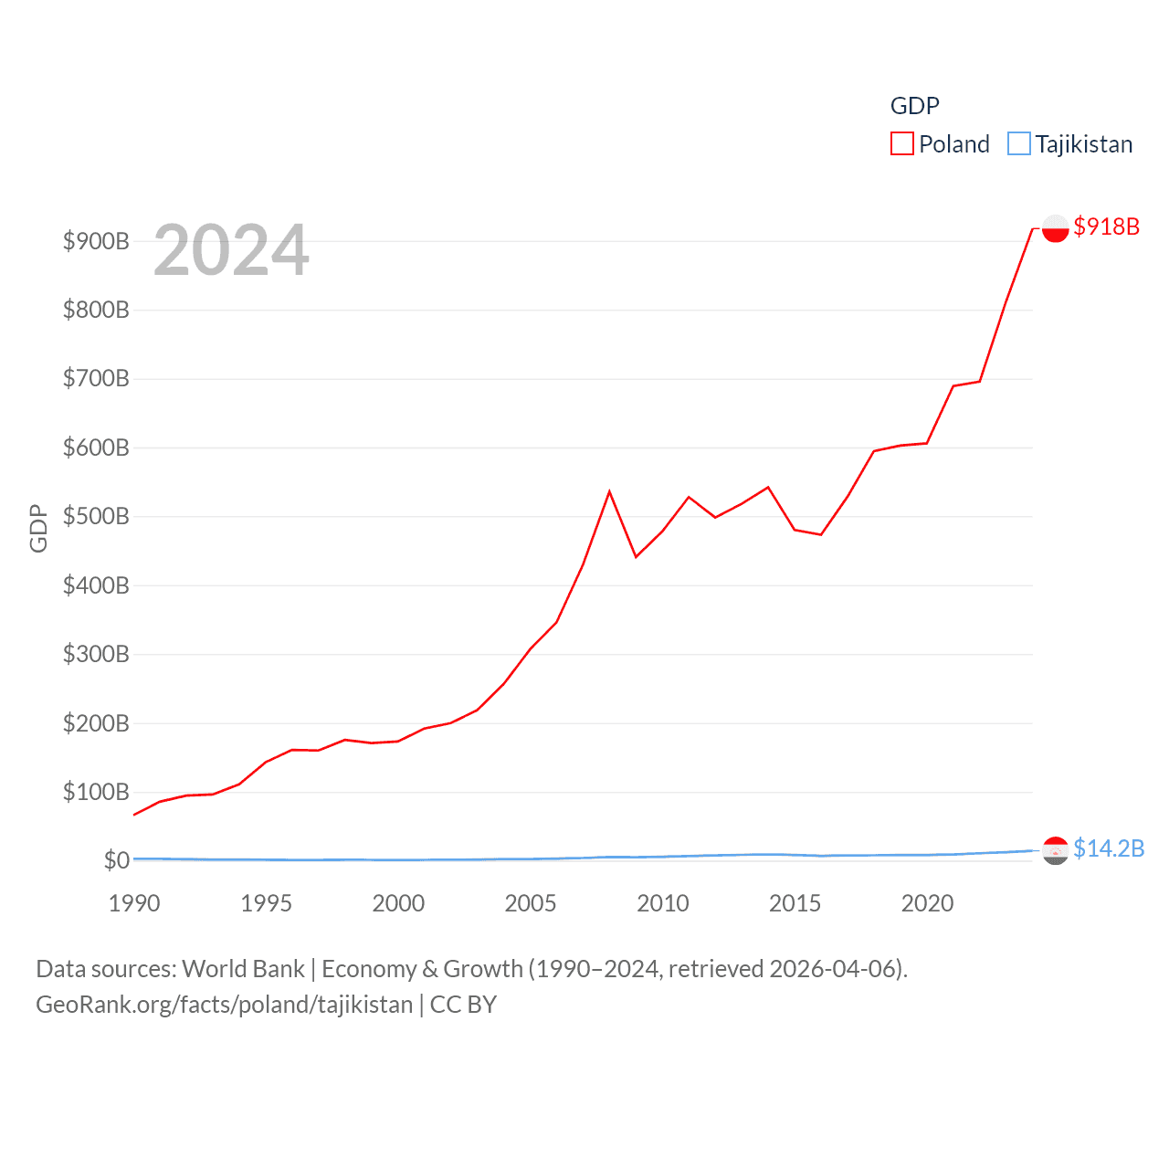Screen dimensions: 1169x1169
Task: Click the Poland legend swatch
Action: point(901,144)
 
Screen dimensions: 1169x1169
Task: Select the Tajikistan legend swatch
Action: point(1018,144)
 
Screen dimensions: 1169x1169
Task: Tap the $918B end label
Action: point(1106,226)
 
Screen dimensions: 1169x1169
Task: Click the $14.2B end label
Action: point(1108,848)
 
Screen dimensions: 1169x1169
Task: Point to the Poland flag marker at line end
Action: point(1055,228)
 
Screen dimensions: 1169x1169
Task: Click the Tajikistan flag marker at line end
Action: point(1055,850)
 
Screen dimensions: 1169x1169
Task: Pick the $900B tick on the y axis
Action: point(96,241)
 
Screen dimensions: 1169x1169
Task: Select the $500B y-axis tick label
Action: point(96,516)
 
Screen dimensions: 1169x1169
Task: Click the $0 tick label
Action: point(116,860)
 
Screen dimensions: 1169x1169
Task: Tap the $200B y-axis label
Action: point(96,723)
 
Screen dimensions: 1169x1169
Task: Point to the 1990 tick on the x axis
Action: point(134,903)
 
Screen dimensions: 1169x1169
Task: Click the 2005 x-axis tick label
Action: point(531,903)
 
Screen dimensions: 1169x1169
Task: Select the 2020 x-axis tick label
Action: point(927,903)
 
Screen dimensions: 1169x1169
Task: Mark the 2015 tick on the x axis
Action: point(795,903)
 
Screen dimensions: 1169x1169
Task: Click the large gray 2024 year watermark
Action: point(231,250)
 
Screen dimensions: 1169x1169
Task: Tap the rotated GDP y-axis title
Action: point(38,528)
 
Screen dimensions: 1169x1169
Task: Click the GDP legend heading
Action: point(914,106)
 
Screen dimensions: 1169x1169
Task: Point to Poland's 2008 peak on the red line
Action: point(609,492)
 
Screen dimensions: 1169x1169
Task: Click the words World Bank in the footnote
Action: point(243,968)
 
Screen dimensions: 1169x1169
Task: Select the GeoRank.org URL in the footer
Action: point(225,1005)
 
